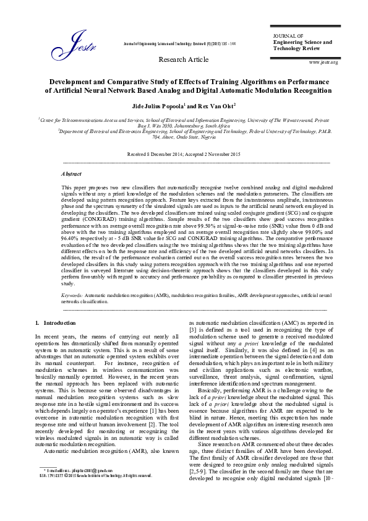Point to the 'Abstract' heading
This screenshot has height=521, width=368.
pos(72,175)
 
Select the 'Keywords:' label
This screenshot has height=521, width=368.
pos(72,296)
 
